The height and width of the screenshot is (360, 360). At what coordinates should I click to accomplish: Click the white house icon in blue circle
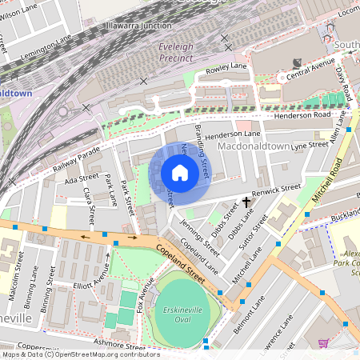click(x=180, y=173)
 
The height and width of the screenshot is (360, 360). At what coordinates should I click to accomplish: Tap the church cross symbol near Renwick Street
click(x=246, y=203)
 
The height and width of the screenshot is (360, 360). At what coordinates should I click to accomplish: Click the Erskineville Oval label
click(x=183, y=309)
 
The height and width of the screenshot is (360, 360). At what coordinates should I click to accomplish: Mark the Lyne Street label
click(x=310, y=146)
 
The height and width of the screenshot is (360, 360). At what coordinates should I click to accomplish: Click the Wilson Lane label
click(x=19, y=12)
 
